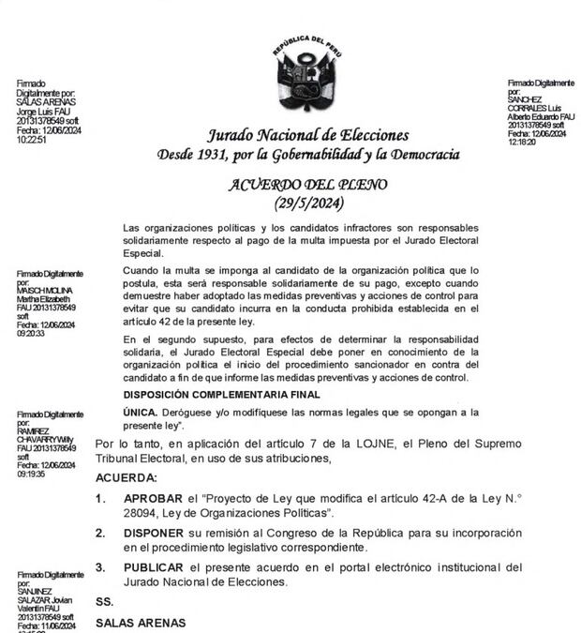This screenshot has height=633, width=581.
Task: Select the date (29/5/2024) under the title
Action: pyautogui.click(x=310, y=203)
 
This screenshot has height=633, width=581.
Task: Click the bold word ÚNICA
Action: pyautogui.click(x=140, y=413)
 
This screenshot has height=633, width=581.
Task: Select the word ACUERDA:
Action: pyautogui.click(x=127, y=478)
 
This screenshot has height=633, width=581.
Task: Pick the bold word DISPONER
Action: pyautogui.click(x=155, y=533)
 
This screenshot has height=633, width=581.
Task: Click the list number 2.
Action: pyautogui.click(x=100, y=533)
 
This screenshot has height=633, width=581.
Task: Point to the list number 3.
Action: pyautogui.click(x=100, y=567)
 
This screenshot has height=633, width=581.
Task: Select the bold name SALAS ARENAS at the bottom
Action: pyautogui.click(x=141, y=623)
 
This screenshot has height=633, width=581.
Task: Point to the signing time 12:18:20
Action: pyautogui.click(x=521, y=143)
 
